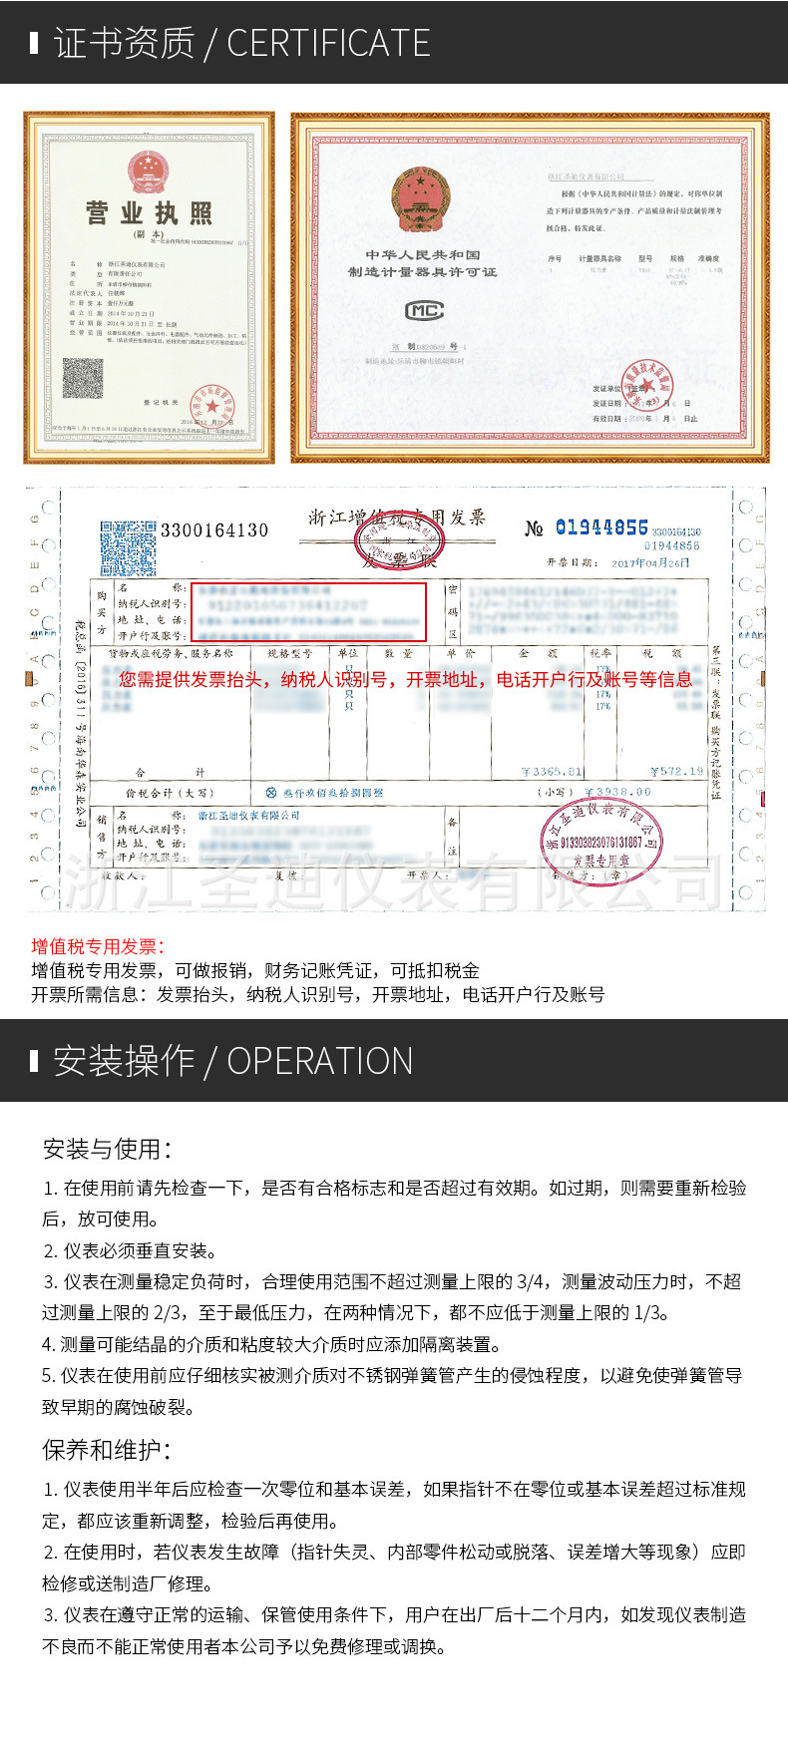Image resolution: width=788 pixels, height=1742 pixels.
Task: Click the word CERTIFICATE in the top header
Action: coord(328,43)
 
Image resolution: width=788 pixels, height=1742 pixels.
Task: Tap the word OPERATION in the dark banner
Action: coord(319,1061)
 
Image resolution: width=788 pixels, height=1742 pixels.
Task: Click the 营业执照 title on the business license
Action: coord(149,212)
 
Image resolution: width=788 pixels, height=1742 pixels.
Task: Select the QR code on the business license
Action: coord(83,379)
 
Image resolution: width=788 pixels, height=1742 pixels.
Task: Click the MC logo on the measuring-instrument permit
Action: coord(423,310)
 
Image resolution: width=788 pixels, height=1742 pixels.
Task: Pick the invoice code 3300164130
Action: coord(214,530)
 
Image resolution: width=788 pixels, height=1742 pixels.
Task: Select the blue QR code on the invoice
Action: coord(128,548)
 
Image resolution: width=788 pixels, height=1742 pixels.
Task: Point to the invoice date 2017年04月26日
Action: coord(650,563)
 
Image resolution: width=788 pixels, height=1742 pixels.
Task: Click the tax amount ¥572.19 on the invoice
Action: coord(676,771)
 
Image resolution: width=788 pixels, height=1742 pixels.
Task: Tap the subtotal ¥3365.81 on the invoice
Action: coord(552,772)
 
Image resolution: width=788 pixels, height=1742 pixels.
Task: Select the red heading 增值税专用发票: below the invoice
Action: coord(98,946)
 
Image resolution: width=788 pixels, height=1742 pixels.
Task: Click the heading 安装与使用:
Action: coord(107,1149)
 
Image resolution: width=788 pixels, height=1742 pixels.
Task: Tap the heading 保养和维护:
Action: coord(107,1449)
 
